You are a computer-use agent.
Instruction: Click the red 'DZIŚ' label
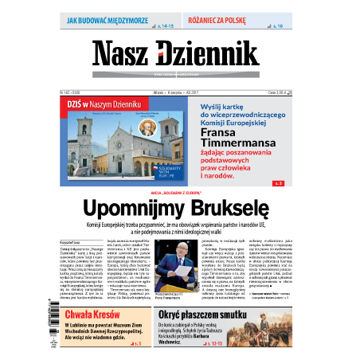click(x=78, y=104)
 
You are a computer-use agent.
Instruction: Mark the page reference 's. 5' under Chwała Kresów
click(x=138, y=343)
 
